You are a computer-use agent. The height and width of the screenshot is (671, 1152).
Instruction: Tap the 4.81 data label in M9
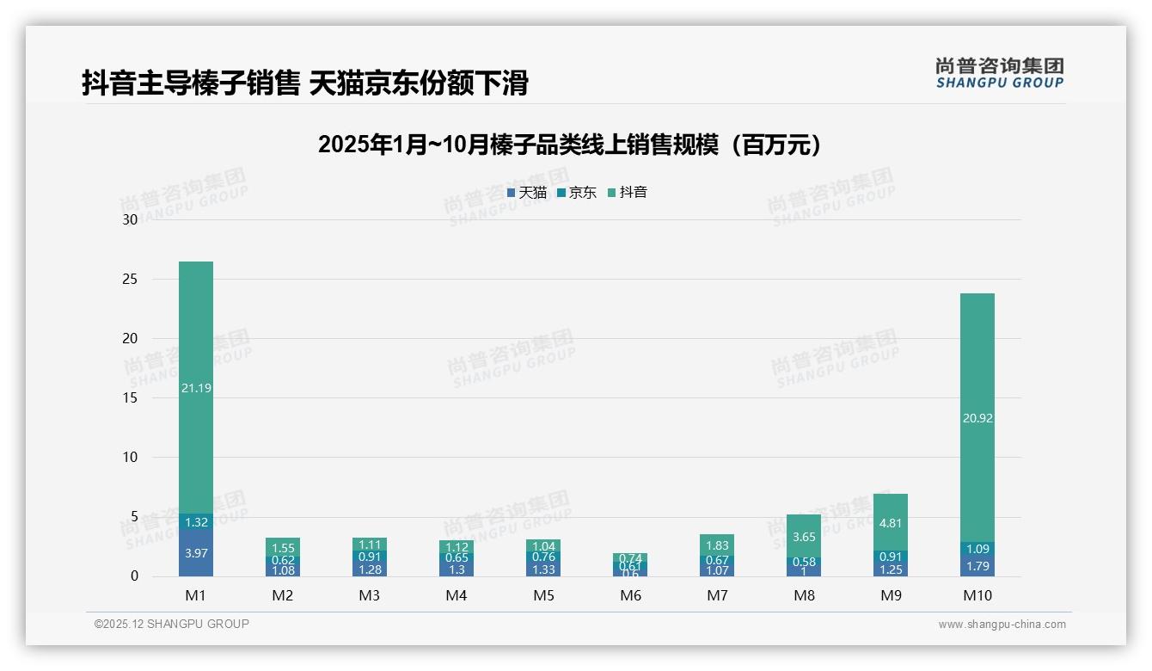(x=891, y=523)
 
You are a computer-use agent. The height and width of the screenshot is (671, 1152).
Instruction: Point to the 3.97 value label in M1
(x=196, y=553)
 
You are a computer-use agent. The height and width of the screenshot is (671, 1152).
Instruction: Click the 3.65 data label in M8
(x=804, y=538)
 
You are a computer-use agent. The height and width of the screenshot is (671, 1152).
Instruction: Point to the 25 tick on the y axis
(x=131, y=280)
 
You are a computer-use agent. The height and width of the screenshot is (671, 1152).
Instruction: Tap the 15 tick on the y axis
(x=131, y=398)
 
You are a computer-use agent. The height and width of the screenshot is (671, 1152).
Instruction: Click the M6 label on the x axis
(x=630, y=595)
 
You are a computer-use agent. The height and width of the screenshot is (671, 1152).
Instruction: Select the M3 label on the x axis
(x=370, y=595)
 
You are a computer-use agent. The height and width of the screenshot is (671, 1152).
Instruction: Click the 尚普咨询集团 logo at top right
(x=999, y=73)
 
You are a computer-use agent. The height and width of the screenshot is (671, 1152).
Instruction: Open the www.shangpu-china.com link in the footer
(x=1002, y=625)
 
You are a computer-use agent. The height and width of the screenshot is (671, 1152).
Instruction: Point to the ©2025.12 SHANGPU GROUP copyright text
(x=171, y=625)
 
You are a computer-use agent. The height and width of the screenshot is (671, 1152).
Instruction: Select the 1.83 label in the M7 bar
(x=717, y=545)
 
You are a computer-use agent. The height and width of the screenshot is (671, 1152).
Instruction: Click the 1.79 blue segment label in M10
(x=977, y=566)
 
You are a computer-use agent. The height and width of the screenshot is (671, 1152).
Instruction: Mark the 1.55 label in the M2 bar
(x=283, y=548)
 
